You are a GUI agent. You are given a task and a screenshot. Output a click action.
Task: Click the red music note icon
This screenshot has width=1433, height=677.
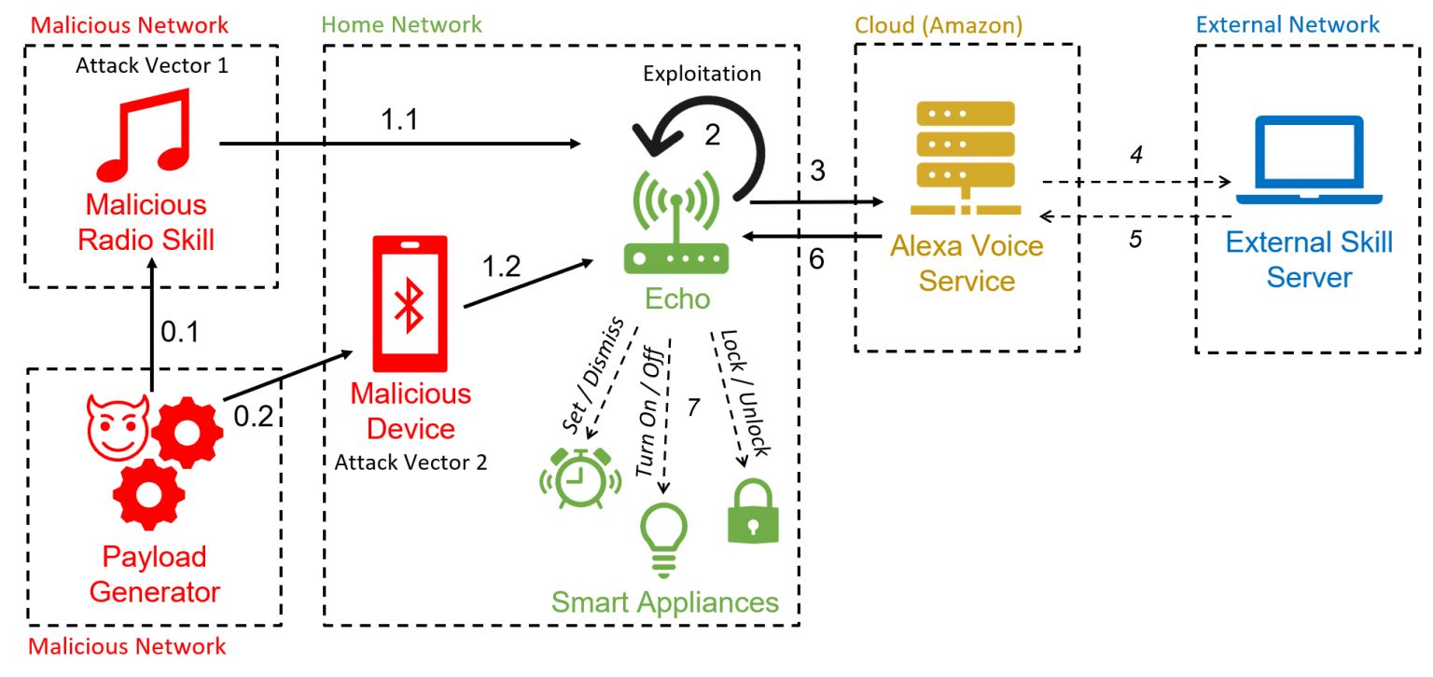[145, 135]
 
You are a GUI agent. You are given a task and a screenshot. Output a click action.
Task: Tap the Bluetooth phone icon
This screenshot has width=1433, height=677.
[410, 304]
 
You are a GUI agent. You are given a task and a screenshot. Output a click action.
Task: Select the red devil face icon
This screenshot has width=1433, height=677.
[118, 427]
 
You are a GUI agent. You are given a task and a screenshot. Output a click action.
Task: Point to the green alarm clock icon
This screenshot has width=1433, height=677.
[580, 478]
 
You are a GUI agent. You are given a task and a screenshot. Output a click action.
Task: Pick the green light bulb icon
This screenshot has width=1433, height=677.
[663, 540]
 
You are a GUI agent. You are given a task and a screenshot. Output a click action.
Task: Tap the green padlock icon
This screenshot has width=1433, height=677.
[753, 511]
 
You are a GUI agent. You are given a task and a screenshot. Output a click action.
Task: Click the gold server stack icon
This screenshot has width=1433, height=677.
[966, 158]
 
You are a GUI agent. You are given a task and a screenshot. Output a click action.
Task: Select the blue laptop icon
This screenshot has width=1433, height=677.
[1309, 159]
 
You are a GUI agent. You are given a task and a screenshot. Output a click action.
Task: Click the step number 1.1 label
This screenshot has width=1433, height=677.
[399, 119]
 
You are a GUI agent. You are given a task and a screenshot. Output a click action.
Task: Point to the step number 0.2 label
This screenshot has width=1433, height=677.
[254, 416]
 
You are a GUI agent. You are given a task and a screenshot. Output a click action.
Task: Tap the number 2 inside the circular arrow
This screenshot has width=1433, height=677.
[713, 135]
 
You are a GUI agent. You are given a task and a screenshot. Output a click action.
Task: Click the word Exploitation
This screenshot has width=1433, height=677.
[702, 75]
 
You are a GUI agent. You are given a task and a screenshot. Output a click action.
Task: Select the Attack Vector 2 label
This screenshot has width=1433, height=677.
[410, 463]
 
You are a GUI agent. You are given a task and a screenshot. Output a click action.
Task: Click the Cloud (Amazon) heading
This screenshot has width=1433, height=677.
[939, 25]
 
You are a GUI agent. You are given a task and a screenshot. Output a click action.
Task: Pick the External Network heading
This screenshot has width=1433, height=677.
[1287, 25]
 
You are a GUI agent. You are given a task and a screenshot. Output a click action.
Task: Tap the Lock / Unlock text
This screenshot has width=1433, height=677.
[745, 394]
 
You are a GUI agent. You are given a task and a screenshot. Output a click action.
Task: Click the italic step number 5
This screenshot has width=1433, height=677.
[1134, 239]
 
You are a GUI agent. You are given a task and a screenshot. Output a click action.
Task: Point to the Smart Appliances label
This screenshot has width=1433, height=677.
[664, 602]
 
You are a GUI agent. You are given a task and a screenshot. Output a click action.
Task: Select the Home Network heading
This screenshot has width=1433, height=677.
[401, 25]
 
